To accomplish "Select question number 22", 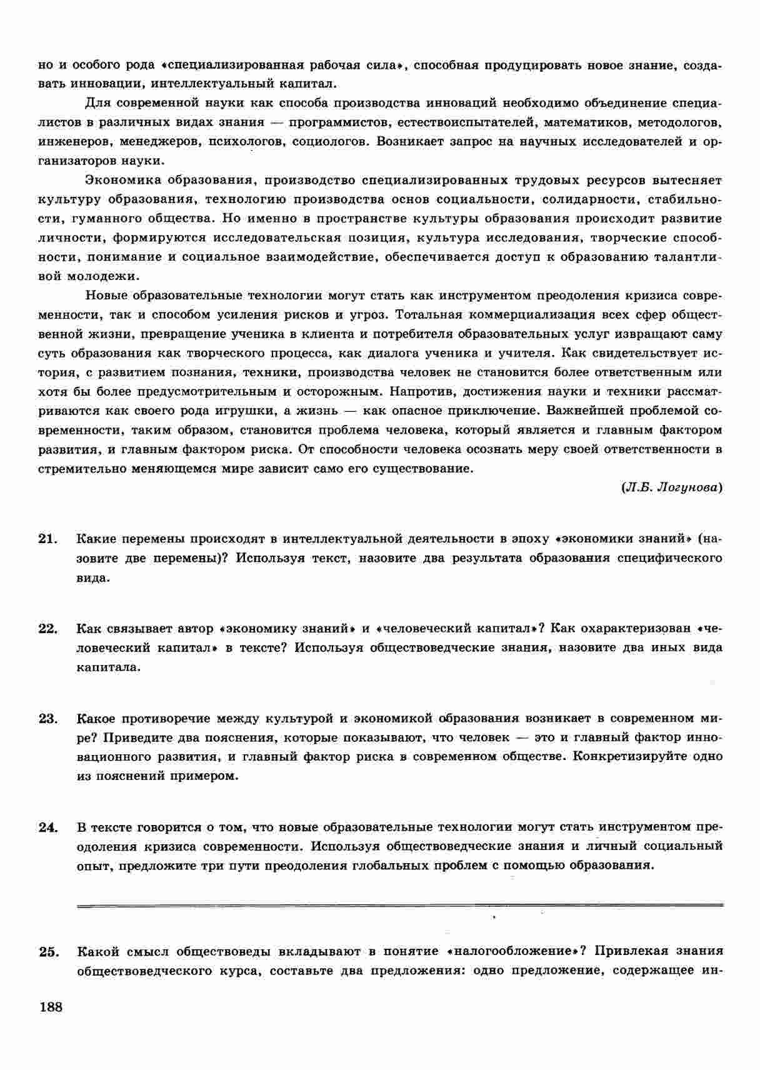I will pyautogui.click(x=47, y=629).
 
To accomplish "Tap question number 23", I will pyautogui.click(x=47, y=718).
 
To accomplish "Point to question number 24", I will pyautogui.click(x=47, y=827).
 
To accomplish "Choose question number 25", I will pyautogui.click(x=47, y=952).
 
